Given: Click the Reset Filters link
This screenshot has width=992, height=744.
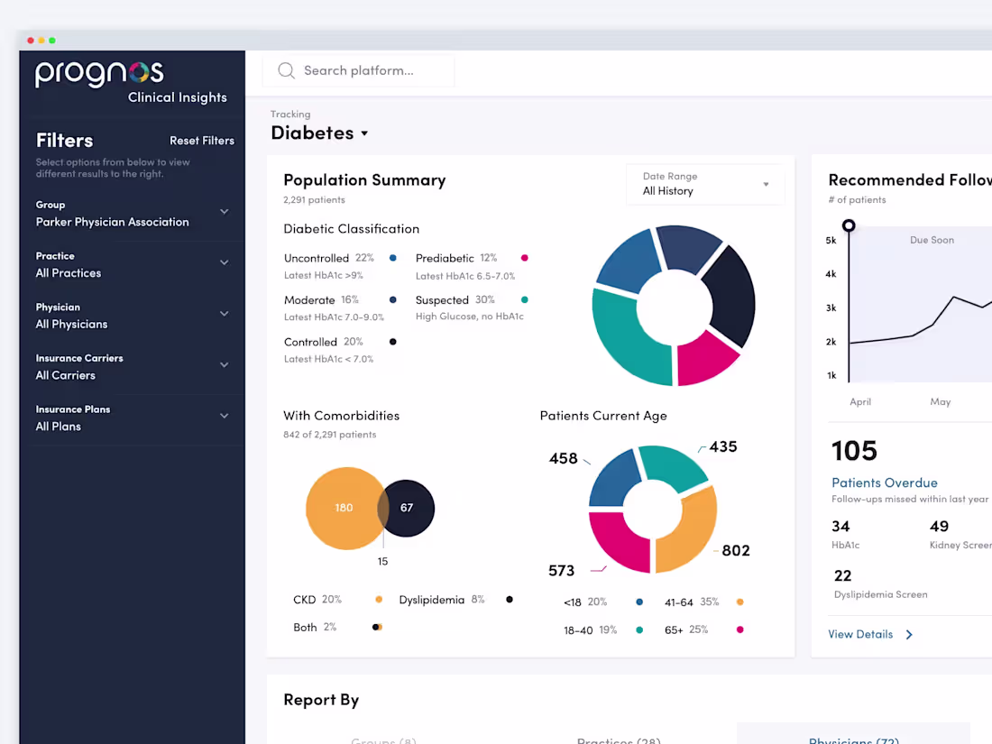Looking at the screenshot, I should coord(202,141).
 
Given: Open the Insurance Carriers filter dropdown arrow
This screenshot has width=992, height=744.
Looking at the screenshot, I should coord(225,365).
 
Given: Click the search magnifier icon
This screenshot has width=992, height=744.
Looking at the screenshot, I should coord(287,70).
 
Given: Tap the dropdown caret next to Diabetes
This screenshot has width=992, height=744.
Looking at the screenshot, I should coord(364,133).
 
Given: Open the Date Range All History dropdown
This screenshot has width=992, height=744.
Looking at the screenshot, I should coord(705,184).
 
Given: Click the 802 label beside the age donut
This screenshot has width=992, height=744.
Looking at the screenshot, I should coord(736,550).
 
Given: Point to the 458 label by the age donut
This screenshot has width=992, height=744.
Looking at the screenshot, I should coord(563,458).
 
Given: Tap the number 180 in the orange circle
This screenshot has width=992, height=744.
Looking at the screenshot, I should coord(344,508).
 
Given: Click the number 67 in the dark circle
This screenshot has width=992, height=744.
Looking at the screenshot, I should coord(407,508).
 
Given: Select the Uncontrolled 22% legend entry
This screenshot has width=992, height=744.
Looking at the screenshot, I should coord(329,258).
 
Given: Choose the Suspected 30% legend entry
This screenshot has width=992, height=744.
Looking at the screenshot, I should coord(455,300).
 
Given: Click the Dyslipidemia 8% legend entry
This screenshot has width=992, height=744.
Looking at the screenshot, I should coord(442,600).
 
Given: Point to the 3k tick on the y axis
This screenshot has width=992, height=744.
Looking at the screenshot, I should coord(831,308).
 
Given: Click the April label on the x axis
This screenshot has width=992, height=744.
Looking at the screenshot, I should coord(860,402).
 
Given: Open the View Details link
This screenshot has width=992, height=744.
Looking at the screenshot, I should coord(861,634).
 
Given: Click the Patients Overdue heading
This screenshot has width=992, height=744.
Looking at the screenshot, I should coord(884,482).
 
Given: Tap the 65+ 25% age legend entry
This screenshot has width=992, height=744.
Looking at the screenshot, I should coord(686,630).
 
